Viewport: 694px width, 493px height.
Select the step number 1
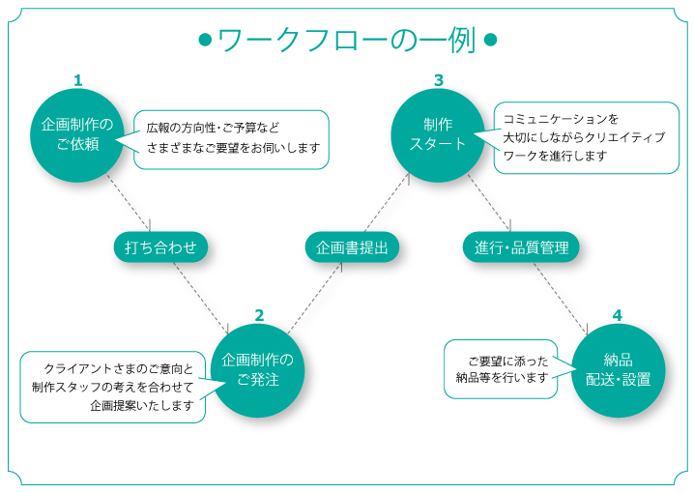coord(78,80)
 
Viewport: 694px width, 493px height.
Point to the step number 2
coord(259,315)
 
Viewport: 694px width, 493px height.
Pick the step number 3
coord(439,80)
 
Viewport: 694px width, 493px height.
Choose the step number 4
coord(618,315)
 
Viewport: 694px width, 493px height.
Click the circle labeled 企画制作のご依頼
coord(78,134)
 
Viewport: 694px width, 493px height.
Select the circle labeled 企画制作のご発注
coord(258,369)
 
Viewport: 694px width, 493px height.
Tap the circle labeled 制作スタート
coord(438,134)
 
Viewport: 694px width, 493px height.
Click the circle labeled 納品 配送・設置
coord(618,369)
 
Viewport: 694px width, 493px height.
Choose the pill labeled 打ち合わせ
coord(160,247)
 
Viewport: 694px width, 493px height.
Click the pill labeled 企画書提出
coord(352,247)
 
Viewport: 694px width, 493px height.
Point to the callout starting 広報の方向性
coord(231,139)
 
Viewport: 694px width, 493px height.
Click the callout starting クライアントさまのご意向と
coord(113,387)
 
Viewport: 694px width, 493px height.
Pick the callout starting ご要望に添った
coord(502,368)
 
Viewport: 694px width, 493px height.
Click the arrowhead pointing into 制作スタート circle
coord(407,177)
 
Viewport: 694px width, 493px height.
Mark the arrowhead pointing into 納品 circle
coord(586,332)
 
